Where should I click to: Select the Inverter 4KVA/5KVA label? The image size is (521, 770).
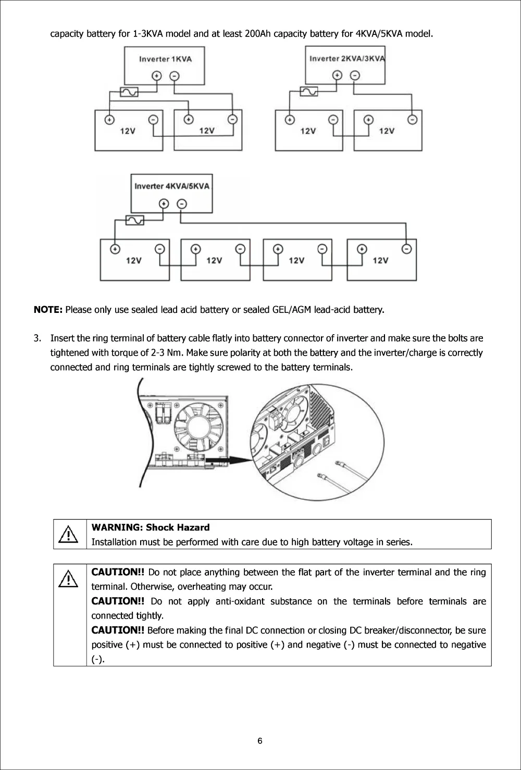pos(172,186)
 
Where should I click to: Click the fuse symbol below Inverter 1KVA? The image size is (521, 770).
pos(129,92)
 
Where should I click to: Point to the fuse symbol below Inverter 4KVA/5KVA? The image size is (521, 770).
pos(135,220)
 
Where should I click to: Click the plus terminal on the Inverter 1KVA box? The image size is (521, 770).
pos(156,76)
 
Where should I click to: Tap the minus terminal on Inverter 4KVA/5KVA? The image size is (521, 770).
pos(181,203)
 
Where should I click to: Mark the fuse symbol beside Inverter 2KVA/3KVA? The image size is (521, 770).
pos(308,92)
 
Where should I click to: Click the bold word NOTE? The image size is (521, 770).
pos(48,310)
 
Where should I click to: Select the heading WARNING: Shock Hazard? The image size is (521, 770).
pos(151,527)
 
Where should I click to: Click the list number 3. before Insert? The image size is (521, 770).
pos(37,338)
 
